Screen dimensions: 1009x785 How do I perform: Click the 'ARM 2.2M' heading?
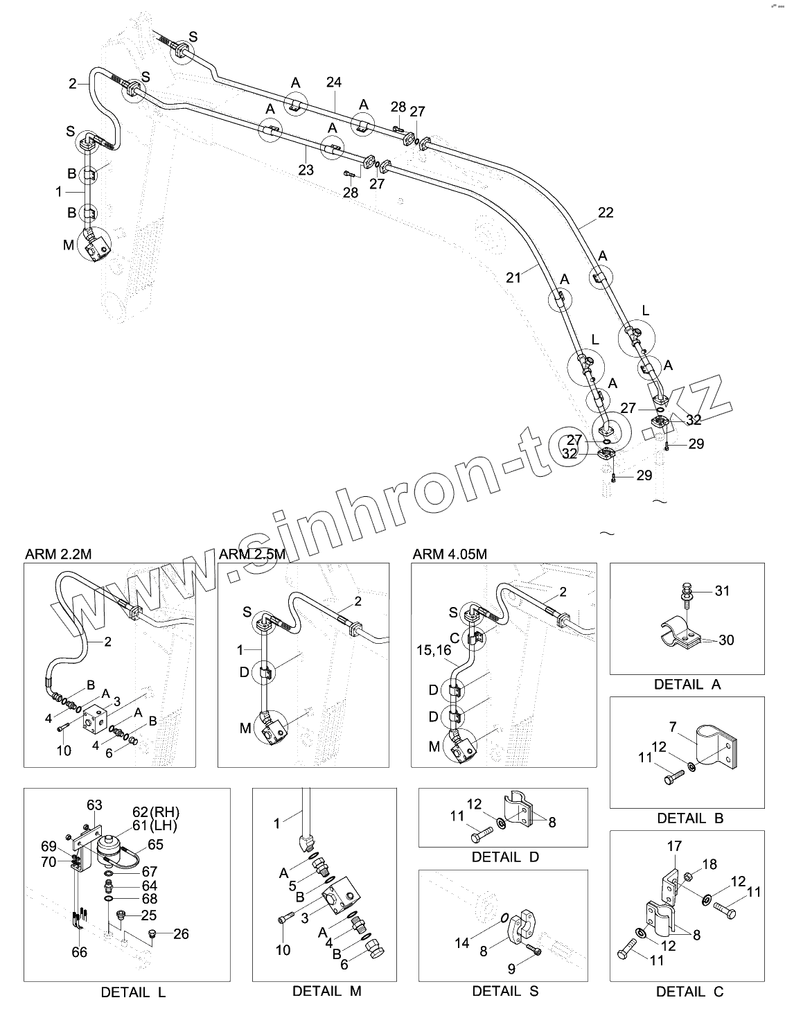pos(58,554)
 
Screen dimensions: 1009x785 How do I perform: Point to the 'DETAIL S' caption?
pos(505,991)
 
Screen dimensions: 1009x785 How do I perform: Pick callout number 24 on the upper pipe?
pos(333,82)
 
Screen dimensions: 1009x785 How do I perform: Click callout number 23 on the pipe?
pos(306,170)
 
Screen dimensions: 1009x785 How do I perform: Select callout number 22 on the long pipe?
pos(605,213)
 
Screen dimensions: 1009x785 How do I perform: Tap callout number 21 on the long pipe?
pos(513,277)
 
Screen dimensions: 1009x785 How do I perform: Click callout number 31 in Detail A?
pos(723,591)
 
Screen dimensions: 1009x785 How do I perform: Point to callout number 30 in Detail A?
pos(726,640)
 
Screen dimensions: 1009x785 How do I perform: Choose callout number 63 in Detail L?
pos(94,805)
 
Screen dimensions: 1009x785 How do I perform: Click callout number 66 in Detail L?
pos(80,952)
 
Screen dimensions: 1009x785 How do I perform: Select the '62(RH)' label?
pos(160,812)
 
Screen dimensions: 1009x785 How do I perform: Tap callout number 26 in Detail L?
pos(181,934)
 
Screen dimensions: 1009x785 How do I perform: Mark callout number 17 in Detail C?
pos(674,846)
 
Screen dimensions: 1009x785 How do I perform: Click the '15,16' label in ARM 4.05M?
pos(434,651)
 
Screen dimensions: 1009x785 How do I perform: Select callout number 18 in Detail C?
pos(709,865)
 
